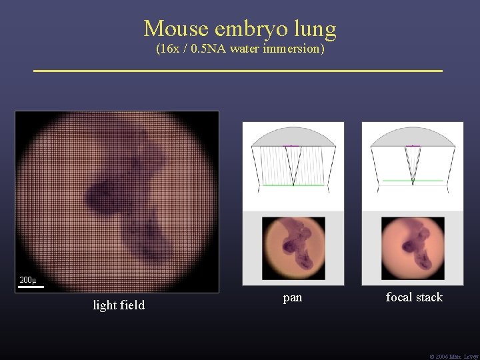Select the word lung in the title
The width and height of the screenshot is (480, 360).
tap(317, 29)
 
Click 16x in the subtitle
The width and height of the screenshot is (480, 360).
tap(169, 49)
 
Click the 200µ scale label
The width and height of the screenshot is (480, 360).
tap(27, 281)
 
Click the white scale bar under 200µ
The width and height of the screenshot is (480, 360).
tap(31, 287)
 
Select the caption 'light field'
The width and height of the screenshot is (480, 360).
tap(119, 305)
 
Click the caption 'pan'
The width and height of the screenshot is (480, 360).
tap(292, 298)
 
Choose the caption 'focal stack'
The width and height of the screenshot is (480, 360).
tap(413, 297)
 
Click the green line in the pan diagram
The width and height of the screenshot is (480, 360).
tap(293, 185)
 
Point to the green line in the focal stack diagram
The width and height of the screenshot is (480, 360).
tap(413, 181)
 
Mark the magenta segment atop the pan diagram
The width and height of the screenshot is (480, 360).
tap(291, 146)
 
